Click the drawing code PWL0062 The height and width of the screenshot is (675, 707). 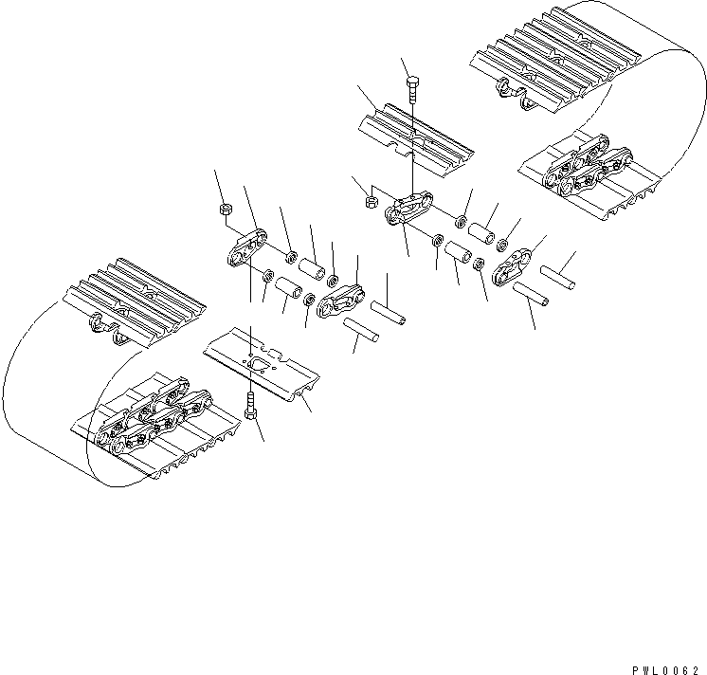click(x=665, y=670)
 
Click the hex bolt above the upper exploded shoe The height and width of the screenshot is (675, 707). click(x=412, y=90)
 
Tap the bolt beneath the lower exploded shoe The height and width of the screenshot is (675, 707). click(x=250, y=406)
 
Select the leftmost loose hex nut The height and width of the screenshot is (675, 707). click(x=226, y=210)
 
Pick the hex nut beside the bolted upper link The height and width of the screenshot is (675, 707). click(x=372, y=201)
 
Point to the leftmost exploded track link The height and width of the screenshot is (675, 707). click(x=246, y=248)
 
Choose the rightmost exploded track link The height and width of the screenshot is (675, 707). click(x=512, y=266)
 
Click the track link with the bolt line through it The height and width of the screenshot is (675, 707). click(x=408, y=208)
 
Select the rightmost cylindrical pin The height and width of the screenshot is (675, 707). click(x=558, y=277)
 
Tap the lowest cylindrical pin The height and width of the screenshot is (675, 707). click(x=361, y=330)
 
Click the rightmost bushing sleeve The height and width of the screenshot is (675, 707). click(x=481, y=234)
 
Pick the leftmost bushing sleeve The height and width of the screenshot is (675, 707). click(x=288, y=288)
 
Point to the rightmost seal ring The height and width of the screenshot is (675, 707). click(x=502, y=246)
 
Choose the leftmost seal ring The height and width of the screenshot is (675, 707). click(x=268, y=274)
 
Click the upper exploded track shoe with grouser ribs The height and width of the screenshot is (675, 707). click(x=416, y=139)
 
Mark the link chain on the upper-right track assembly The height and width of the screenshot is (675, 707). click(x=588, y=166)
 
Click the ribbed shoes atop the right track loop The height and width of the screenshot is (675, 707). click(x=555, y=59)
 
